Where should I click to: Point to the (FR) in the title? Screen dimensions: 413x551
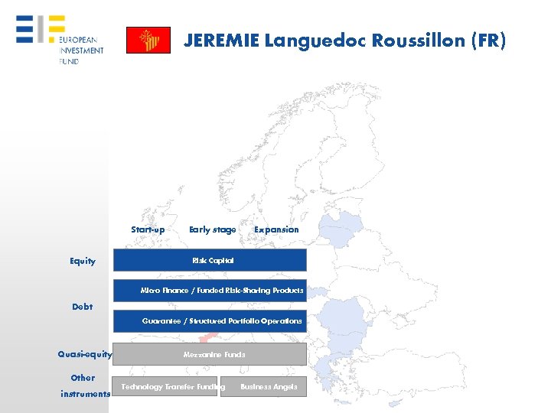(488, 41)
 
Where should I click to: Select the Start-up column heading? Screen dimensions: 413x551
(148, 229)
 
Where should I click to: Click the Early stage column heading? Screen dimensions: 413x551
(212, 229)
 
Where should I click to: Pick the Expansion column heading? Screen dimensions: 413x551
(276, 229)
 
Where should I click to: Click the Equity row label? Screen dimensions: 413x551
(83, 261)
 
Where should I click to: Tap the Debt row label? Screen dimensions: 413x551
(82, 307)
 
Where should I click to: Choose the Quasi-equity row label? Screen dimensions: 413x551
(85, 354)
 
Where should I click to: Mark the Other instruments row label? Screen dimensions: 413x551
(83, 385)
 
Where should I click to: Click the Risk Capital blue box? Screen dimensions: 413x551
(210, 260)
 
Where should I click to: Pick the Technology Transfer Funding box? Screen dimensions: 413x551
(165, 387)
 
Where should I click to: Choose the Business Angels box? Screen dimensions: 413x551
(263, 387)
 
